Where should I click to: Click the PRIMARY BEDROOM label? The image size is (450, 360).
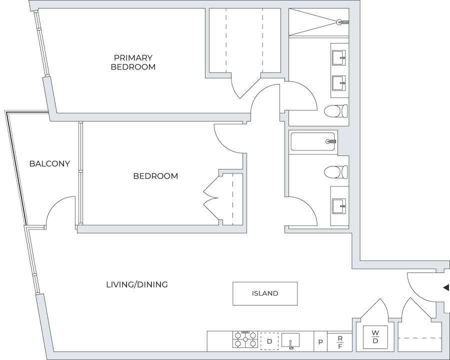(x=132, y=62)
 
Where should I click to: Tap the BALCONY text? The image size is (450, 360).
(x=49, y=163)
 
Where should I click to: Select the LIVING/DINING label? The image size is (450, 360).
(x=136, y=284)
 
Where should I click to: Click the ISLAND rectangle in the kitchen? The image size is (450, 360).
(x=265, y=293)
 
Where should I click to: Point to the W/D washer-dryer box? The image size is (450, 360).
(x=375, y=336)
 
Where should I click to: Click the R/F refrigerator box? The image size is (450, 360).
(x=340, y=341)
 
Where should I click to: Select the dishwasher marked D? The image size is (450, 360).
(x=269, y=341)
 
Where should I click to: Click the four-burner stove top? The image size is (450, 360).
(x=244, y=340)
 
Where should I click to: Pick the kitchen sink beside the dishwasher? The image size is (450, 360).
(x=290, y=341)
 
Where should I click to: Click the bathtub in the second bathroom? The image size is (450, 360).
(x=313, y=142)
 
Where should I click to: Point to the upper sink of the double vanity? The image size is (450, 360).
(x=339, y=55)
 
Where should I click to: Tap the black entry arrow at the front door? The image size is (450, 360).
(x=446, y=287)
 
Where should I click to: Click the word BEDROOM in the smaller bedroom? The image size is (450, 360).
(x=155, y=176)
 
